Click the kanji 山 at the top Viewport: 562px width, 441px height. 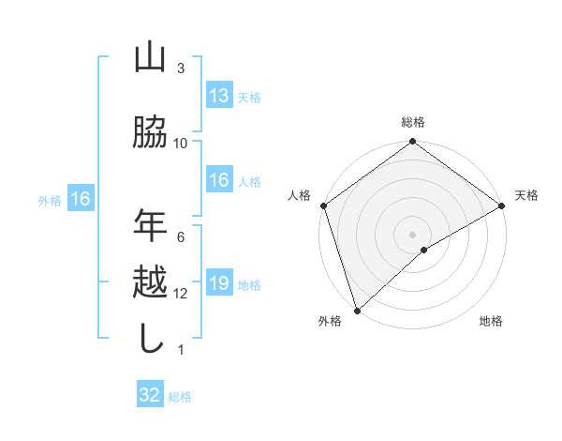coord(150,58)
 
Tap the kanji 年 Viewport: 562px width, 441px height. coord(150,225)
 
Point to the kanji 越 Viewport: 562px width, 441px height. coord(150,282)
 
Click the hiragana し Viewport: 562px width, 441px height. coord(150,339)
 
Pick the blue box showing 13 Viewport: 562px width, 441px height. coord(219,96)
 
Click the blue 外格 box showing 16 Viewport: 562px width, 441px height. coord(81,199)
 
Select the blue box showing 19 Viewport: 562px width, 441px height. coord(219,284)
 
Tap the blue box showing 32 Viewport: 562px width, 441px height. coord(150,395)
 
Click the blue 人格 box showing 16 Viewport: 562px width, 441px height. coord(219,181)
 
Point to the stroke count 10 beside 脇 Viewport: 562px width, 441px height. coord(181,143)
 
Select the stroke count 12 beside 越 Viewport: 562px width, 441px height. coord(181,294)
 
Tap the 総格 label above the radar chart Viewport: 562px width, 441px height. coord(412,123)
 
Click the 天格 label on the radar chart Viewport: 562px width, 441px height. coord(526,195)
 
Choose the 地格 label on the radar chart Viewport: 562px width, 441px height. coord(491,321)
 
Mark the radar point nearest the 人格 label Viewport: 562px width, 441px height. coord(323,205)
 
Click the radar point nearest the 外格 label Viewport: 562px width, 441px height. coord(357,310)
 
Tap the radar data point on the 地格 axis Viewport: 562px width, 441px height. coord(424,250)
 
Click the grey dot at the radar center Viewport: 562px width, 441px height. coord(412,234)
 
